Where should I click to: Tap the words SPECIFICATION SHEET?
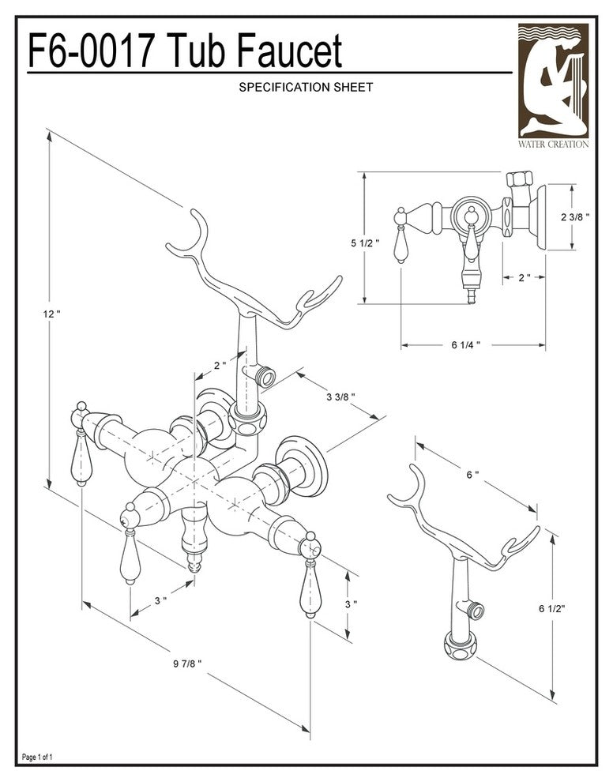click(305, 88)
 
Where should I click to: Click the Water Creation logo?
click(553, 86)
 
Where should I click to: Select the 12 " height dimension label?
click(51, 314)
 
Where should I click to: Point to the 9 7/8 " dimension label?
click(188, 664)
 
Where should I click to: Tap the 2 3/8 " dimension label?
click(576, 217)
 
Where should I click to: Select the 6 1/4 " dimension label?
click(464, 345)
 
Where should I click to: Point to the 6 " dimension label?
click(472, 474)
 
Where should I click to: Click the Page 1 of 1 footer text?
click(38, 758)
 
